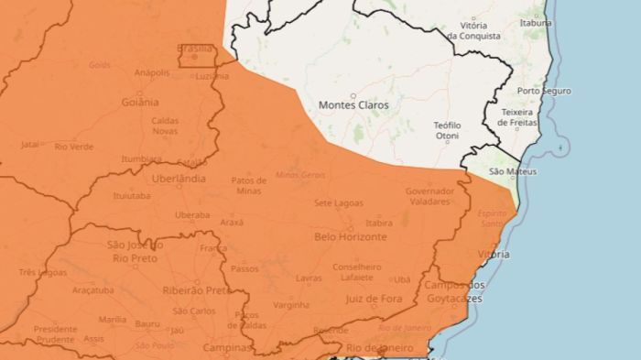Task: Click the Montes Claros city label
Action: click(x=353, y=105)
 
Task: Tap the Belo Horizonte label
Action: click(x=350, y=236)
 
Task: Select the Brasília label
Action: click(x=195, y=49)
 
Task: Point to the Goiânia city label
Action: click(x=138, y=103)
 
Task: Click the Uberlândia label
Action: click(x=178, y=179)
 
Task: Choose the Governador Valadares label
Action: click(x=429, y=196)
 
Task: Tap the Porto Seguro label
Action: click(x=544, y=92)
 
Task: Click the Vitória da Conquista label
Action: click(x=473, y=31)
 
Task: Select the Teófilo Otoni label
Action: click(x=447, y=130)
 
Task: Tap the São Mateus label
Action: click(x=513, y=171)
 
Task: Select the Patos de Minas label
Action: click(x=249, y=185)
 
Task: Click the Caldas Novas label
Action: click(x=165, y=125)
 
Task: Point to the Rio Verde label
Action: click(x=74, y=147)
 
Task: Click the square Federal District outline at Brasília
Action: click(x=197, y=55)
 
